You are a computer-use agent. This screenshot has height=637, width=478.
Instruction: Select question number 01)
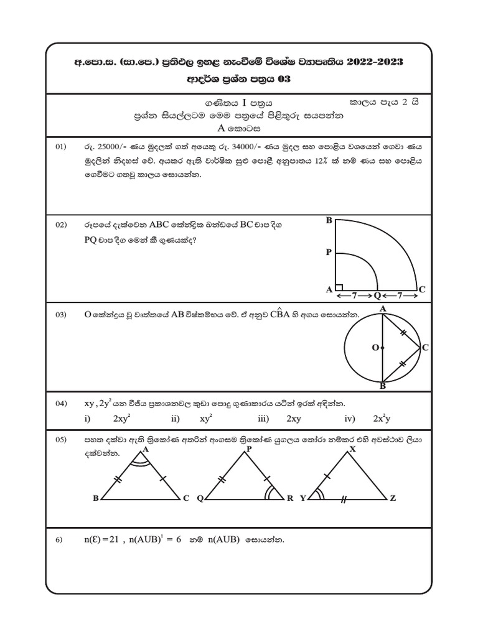click(60, 147)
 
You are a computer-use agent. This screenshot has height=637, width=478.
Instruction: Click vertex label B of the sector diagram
click(329, 221)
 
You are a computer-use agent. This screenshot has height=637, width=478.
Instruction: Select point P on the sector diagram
click(328, 253)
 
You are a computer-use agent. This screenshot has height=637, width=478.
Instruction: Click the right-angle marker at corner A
click(339, 287)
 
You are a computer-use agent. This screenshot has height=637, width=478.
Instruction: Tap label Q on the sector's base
click(377, 290)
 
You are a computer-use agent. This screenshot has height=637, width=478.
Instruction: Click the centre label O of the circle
click(375, 348)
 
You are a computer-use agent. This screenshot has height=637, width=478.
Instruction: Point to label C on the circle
click(425, 348)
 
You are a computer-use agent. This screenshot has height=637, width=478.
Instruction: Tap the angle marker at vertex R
click(272, 494)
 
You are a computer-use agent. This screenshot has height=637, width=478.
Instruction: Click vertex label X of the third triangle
click(353, 448)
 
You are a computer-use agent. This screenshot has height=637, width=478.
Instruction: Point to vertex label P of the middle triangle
click(249, 448)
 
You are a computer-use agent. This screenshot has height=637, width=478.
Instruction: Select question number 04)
click(60, 404)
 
